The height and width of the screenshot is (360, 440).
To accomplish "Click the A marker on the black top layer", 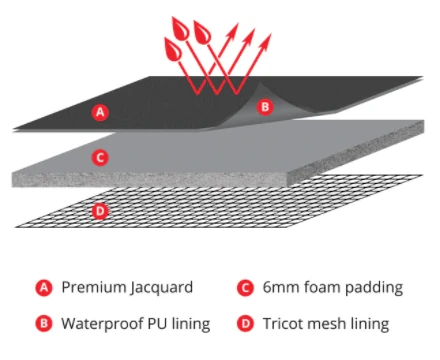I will pyautogui.click(x=99, y=112).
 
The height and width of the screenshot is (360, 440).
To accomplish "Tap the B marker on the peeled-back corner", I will pyautogui.click(x=265, y=106).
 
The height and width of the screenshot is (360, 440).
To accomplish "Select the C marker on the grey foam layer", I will pyautogui.click(x=99, y=157).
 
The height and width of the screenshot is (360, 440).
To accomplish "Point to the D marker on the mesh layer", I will pyautogui.click(x=99, y=210).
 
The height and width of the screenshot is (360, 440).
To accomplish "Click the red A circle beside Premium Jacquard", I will pyautogui.click(x=43, y=288).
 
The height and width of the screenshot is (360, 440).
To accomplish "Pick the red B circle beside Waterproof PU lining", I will pyautogui.click(x=43, y=323).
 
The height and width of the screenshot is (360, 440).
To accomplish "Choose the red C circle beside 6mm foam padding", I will pyautogui.click(x=244, y=288).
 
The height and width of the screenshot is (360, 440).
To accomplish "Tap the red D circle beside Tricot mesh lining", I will pyautogui.click(x=244, y=323).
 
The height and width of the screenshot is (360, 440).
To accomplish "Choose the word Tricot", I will pyautogui.click(x=285, y=323).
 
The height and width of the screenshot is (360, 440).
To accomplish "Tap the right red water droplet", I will pyautogui.click(x=203, y=31).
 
